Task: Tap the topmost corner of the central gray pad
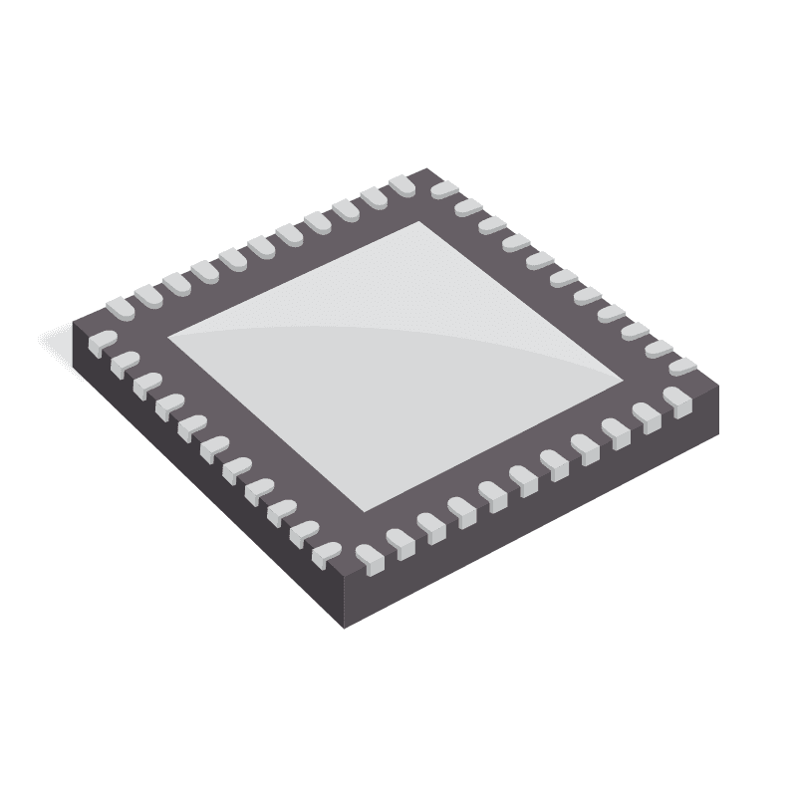[x=430, y=221]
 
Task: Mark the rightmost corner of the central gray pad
[x=625, y=383]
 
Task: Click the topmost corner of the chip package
[x=427, y=169]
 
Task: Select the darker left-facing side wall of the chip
[x=199, y=478]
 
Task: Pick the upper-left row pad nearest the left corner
[x=120, y=307]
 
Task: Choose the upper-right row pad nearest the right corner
[x=681, y=367]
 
